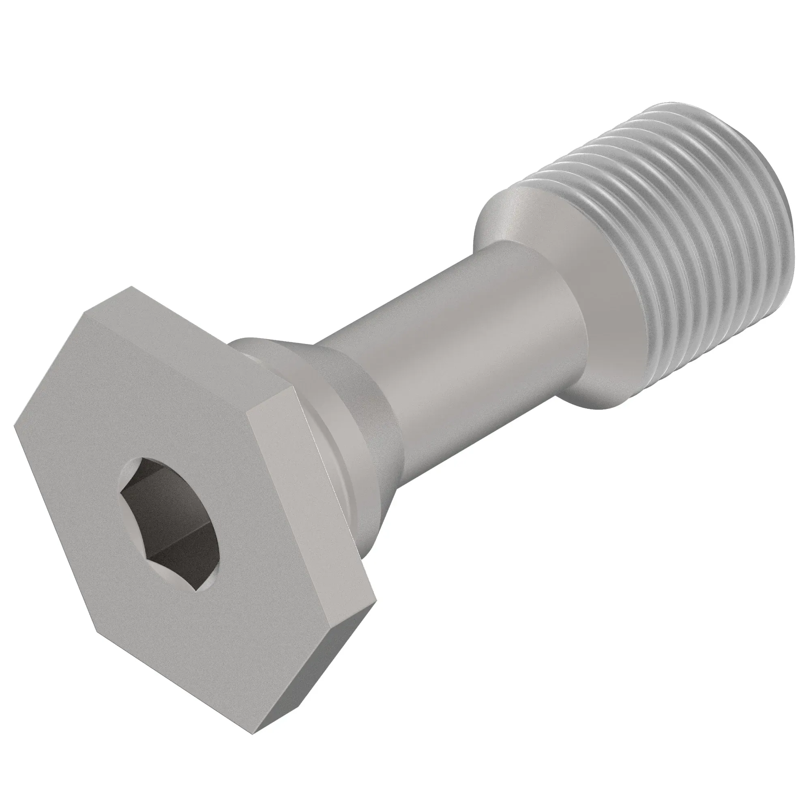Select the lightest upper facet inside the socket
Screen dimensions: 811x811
[168, 474]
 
